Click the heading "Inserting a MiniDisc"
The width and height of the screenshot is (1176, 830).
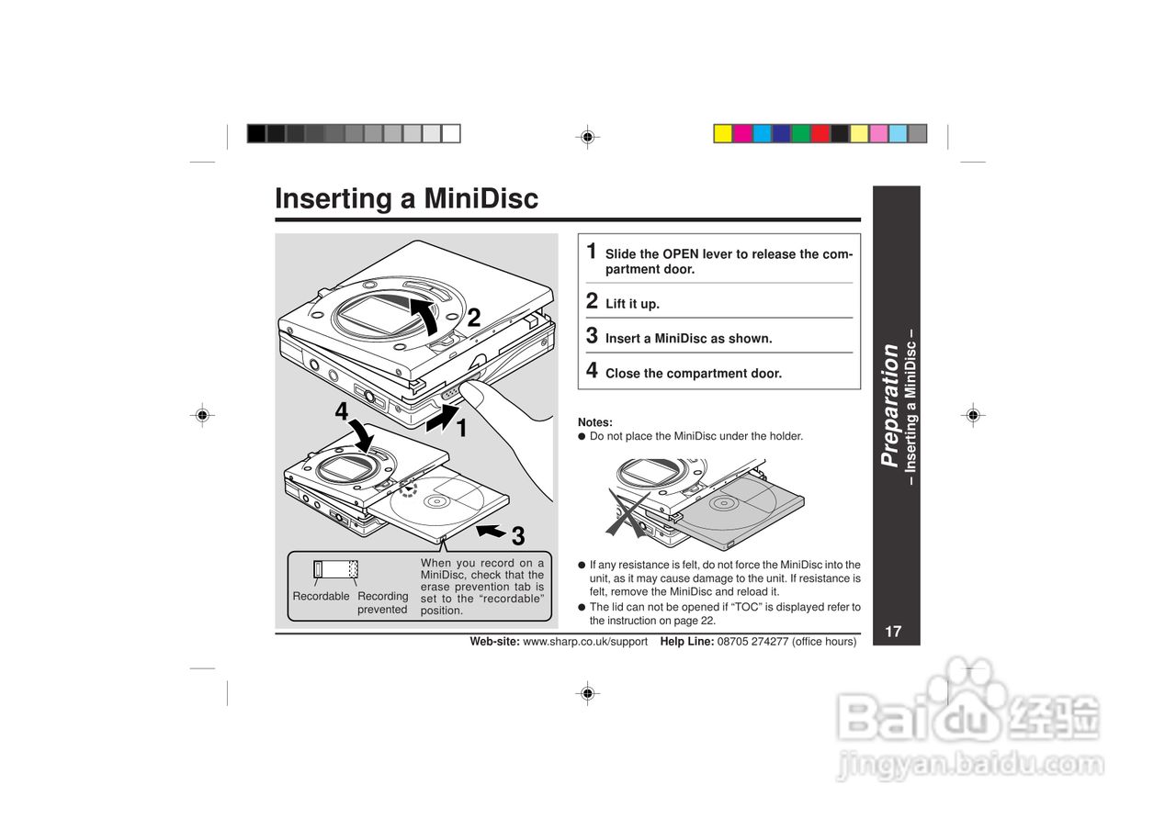pos(406,199)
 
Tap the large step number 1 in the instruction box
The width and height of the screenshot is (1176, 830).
pos(593,251)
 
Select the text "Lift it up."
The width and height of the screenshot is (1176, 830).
pos(632,304)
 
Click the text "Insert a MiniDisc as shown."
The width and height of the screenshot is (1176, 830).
pos(688,339)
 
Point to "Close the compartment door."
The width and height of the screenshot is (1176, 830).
pos(693,374)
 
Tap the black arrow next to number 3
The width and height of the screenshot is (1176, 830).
pos(492,532)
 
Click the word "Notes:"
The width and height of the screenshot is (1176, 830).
pos(594,422)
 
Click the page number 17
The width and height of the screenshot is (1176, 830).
pos(893,632)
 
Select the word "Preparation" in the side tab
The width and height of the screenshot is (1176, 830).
pos(889,405)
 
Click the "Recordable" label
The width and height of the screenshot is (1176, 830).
pos(321,597)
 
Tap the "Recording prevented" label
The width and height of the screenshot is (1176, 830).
pos(382,602)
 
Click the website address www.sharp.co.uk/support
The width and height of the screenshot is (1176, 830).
pos(584,642)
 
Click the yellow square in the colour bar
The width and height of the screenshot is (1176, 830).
pos(723,134)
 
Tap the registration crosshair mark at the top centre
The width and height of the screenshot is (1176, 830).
pos(587,138)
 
